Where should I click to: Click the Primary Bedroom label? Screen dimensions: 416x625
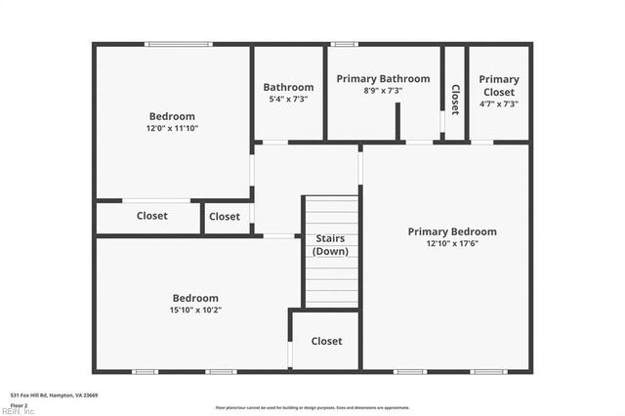pyautogui.click(x=451, y=231)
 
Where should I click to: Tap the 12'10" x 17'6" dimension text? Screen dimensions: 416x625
pyautogui.click(x=451, y=243)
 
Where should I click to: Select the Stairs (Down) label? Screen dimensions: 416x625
pyautogui.click(x=329, y=245)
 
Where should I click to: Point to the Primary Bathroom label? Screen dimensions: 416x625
pyautogui.click(x=383, y=79)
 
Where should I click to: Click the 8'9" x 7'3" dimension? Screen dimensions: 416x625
pyautogui.click(x=383, y=91)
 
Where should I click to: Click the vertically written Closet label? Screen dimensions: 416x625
pyautogui.click(x=455, y=100)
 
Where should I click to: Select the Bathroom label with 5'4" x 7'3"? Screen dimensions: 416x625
pyautogui.click(x=288, y=87)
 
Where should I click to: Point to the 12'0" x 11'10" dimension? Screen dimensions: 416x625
pyautogui.click(x=172, y=128)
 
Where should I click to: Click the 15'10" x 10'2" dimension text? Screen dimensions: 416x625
pyautogui.click(x=195, y=310)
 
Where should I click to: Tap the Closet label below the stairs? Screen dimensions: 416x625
pyautogui.click(x=326, y=341)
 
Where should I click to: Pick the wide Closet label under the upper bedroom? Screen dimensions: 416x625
pyautogui.click(x=151, y=216)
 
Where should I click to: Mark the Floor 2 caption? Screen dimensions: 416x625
pyautogui.click(x=20, y=404)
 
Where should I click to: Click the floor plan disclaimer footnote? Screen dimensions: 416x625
pyautogui.click(x=312, y=407)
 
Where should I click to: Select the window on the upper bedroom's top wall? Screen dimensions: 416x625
pyautogui.click(x=178, y=44)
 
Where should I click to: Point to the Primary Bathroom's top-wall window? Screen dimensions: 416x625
pyautogui.click(x=344, y=44)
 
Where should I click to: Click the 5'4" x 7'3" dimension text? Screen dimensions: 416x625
pyautogui.click(x=288, y=99)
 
